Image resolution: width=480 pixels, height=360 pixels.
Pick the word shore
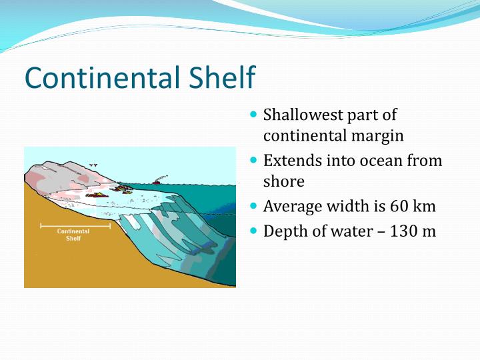click(283, 181)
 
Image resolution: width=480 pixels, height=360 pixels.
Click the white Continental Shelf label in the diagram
click(73, 235)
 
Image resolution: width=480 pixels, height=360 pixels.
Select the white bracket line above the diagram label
click(75, 226)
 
